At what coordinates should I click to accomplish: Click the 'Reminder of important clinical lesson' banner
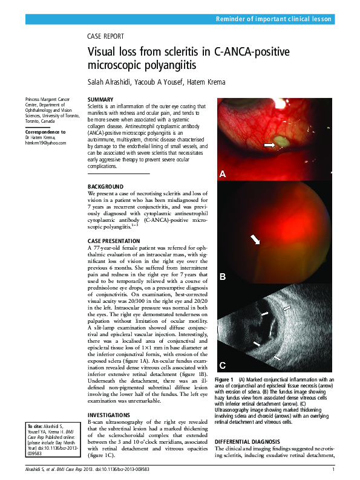(274, 19)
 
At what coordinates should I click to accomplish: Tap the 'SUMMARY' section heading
(100, 99)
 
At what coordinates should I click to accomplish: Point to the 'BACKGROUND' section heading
(106, 186)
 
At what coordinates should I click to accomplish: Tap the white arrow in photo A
(267, 145)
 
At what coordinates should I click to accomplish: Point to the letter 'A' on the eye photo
(222, 174)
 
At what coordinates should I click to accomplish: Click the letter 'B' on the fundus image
(222, 277)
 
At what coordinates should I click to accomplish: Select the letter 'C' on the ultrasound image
(222, 365)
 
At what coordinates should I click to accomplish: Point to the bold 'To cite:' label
(36, 427)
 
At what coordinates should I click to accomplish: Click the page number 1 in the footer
(333, 470)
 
